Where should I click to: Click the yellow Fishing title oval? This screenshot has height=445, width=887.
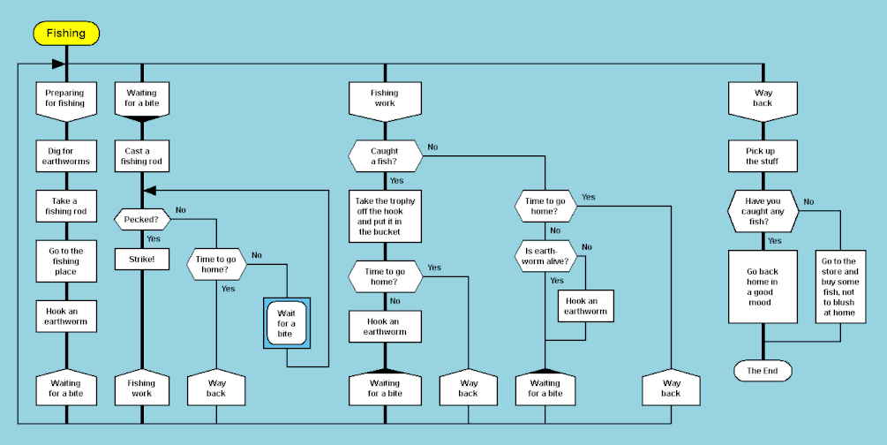click(x=66, y=34)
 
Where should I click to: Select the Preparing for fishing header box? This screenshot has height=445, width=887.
click(x=65, y=97)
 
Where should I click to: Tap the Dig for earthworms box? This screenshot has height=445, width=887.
click(x=65, y=155)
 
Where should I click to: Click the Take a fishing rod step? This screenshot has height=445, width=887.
click(x=65, y=206)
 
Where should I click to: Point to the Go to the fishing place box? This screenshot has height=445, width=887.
click(x=65, y=260)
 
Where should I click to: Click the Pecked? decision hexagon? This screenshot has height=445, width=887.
click(x=141, y=217)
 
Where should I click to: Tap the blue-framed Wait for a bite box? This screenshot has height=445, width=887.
click(x=286, y=323)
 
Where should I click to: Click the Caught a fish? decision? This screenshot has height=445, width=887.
click(x=384, y=156)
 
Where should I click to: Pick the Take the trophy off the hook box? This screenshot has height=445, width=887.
click(x=384, y=216)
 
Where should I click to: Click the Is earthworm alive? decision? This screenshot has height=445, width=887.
click(x=545, y=255)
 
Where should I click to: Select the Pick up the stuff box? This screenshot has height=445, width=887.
click(x=763, y=155)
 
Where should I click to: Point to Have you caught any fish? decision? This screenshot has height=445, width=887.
click(x=763, y=211)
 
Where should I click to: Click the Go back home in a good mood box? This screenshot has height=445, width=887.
click(x=763, y=286)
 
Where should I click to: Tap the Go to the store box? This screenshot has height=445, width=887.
click(x=839, y=286)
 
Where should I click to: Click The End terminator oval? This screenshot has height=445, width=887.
click(x=763, y=371)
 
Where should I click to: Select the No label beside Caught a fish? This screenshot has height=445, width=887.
click(x=432, y=147)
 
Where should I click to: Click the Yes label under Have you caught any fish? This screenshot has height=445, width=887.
click(x=774, y=240)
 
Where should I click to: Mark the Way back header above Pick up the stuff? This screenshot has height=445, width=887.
click(x=763, y=97)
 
